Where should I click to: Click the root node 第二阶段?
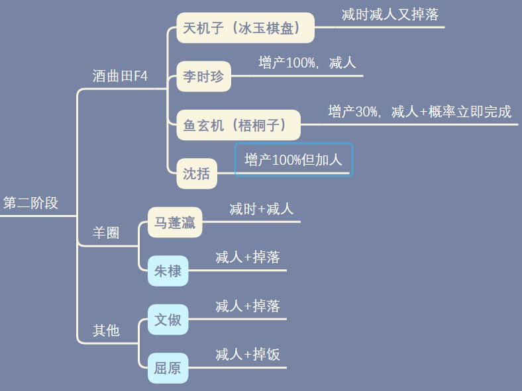pyautogui.click(x=30, y=203)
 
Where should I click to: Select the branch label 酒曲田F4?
pyautogui.click(x=120, y=76)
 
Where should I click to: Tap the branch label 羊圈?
pyautogui.click(x=106, y=233)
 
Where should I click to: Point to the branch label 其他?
pyautogui.click(x=106, y=330)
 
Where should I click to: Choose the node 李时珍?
pyautogui.click(x=203, y=77)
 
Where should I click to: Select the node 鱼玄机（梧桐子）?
pyautogui.click(x=238, y=125)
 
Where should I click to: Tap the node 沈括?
pyautogui.click(x=196, y=173)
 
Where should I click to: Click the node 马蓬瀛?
pyautogui.click(x=175, y=222)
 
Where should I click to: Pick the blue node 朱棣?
pyautogui.click(x=168, y=271)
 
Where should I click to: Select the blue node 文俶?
pyautogui.click(x=168, y=320)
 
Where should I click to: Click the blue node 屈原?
pyautogui.click(x=168, y=368)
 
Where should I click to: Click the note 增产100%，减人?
pyautogui.click(x=307, y=63)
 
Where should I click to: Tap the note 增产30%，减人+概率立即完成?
pyautogui.click(x=420, y=112)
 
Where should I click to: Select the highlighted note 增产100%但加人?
pyautogui.click(x=293, y=160)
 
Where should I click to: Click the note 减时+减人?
pyautogui.click(x=261, y=209)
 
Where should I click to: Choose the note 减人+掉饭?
pyautogui.click(x=248, y=355)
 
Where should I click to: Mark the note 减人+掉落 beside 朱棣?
pyautogui.click(x=248, y=257)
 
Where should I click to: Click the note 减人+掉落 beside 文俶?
pyautogui.click(x=248, y=306)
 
